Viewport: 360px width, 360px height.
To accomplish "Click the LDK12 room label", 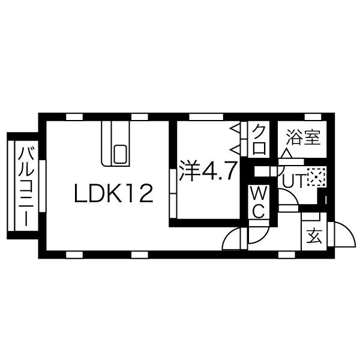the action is (x=114, y=194).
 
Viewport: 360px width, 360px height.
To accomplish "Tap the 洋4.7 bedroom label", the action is (x=208, y=170).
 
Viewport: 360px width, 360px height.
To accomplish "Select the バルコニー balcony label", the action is (x=27, y=187).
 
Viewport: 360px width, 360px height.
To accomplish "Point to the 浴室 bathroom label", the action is (x=303, y=137).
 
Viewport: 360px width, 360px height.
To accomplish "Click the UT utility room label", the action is (x=293, y=181).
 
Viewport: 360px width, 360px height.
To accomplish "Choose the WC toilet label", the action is (x=259, y=202).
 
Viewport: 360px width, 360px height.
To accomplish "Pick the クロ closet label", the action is (x=259, y=139).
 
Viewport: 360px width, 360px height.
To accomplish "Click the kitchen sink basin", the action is (x=120, y=154).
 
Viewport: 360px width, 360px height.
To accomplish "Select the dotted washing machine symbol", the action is (x=317, y=177).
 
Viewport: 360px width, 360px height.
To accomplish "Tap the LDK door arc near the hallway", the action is (x=230, y=236).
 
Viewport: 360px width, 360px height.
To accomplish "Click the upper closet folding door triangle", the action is (x=236, y=129).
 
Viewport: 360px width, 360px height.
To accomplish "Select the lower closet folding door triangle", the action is (x=235, y=149).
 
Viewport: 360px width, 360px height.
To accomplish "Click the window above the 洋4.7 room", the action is (x=206, y=117).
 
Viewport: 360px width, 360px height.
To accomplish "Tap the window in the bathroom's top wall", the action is (x=313, y=117).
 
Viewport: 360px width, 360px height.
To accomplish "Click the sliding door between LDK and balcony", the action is (x=43, y=186).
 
